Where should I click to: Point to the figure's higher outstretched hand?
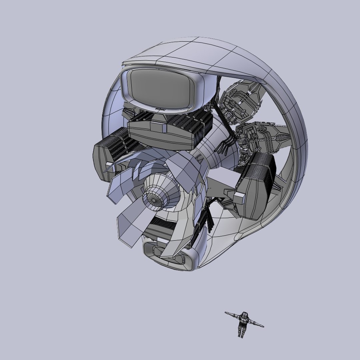tap(226, 313)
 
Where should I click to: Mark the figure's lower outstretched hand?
tap(263, 326)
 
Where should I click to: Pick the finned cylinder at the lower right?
tap(255, 187)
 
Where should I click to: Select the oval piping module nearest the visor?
tap(238, 102)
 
